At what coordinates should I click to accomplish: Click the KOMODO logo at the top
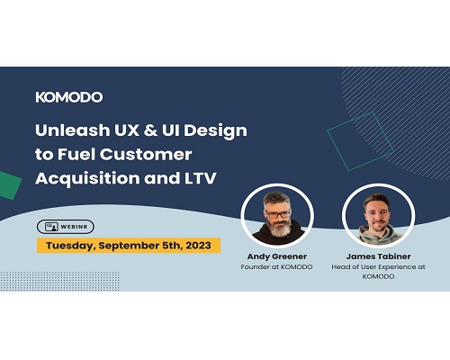pos(69,97)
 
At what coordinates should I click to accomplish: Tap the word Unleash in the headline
pos(73,130)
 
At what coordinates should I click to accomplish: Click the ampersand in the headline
pos(150,130)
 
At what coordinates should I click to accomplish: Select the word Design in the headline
pos(215,131)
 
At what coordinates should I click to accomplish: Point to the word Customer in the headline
pos(146,154)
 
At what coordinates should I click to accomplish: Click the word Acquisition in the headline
pos(87,178)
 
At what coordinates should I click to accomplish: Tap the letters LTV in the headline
pos(199,178)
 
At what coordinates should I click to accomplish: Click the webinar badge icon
pos(51,227)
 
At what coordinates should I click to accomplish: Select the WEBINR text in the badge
pos(74,227)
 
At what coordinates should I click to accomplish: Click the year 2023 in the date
pos(198,246)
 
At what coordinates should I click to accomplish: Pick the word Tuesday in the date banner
pos(71,246)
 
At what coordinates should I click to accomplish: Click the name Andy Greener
pos(277,256)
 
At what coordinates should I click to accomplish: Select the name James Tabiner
pos(378,256)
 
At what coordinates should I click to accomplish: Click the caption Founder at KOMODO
pos(276,266)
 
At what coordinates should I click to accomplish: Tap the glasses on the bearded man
pos(277,214)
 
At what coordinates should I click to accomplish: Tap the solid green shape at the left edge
pos(10,185)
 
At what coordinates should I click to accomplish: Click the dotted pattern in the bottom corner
pos(59,281)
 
